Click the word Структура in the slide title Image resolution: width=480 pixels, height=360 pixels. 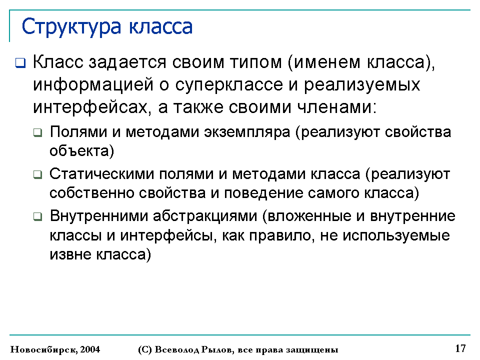click(x=71, y=27)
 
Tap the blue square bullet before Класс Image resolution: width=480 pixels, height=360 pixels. click(x=20, y=63)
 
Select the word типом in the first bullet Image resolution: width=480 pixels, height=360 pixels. click(x=255, y=62)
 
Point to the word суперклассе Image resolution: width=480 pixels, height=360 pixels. click(x=229, y=85)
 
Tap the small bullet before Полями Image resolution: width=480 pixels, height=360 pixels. click(x=37, y=133)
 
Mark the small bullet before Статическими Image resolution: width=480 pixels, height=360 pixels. click(x=37, y=174)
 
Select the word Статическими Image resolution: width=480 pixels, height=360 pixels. click(x=101, y=174)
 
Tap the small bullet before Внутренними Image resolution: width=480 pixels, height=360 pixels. click(x=37, y=216)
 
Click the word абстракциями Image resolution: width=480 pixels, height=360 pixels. click(x=205, y=216)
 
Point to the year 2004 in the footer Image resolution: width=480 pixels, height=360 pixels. click(x=90, y=349)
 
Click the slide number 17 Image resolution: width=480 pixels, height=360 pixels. click(x=460, y=348)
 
